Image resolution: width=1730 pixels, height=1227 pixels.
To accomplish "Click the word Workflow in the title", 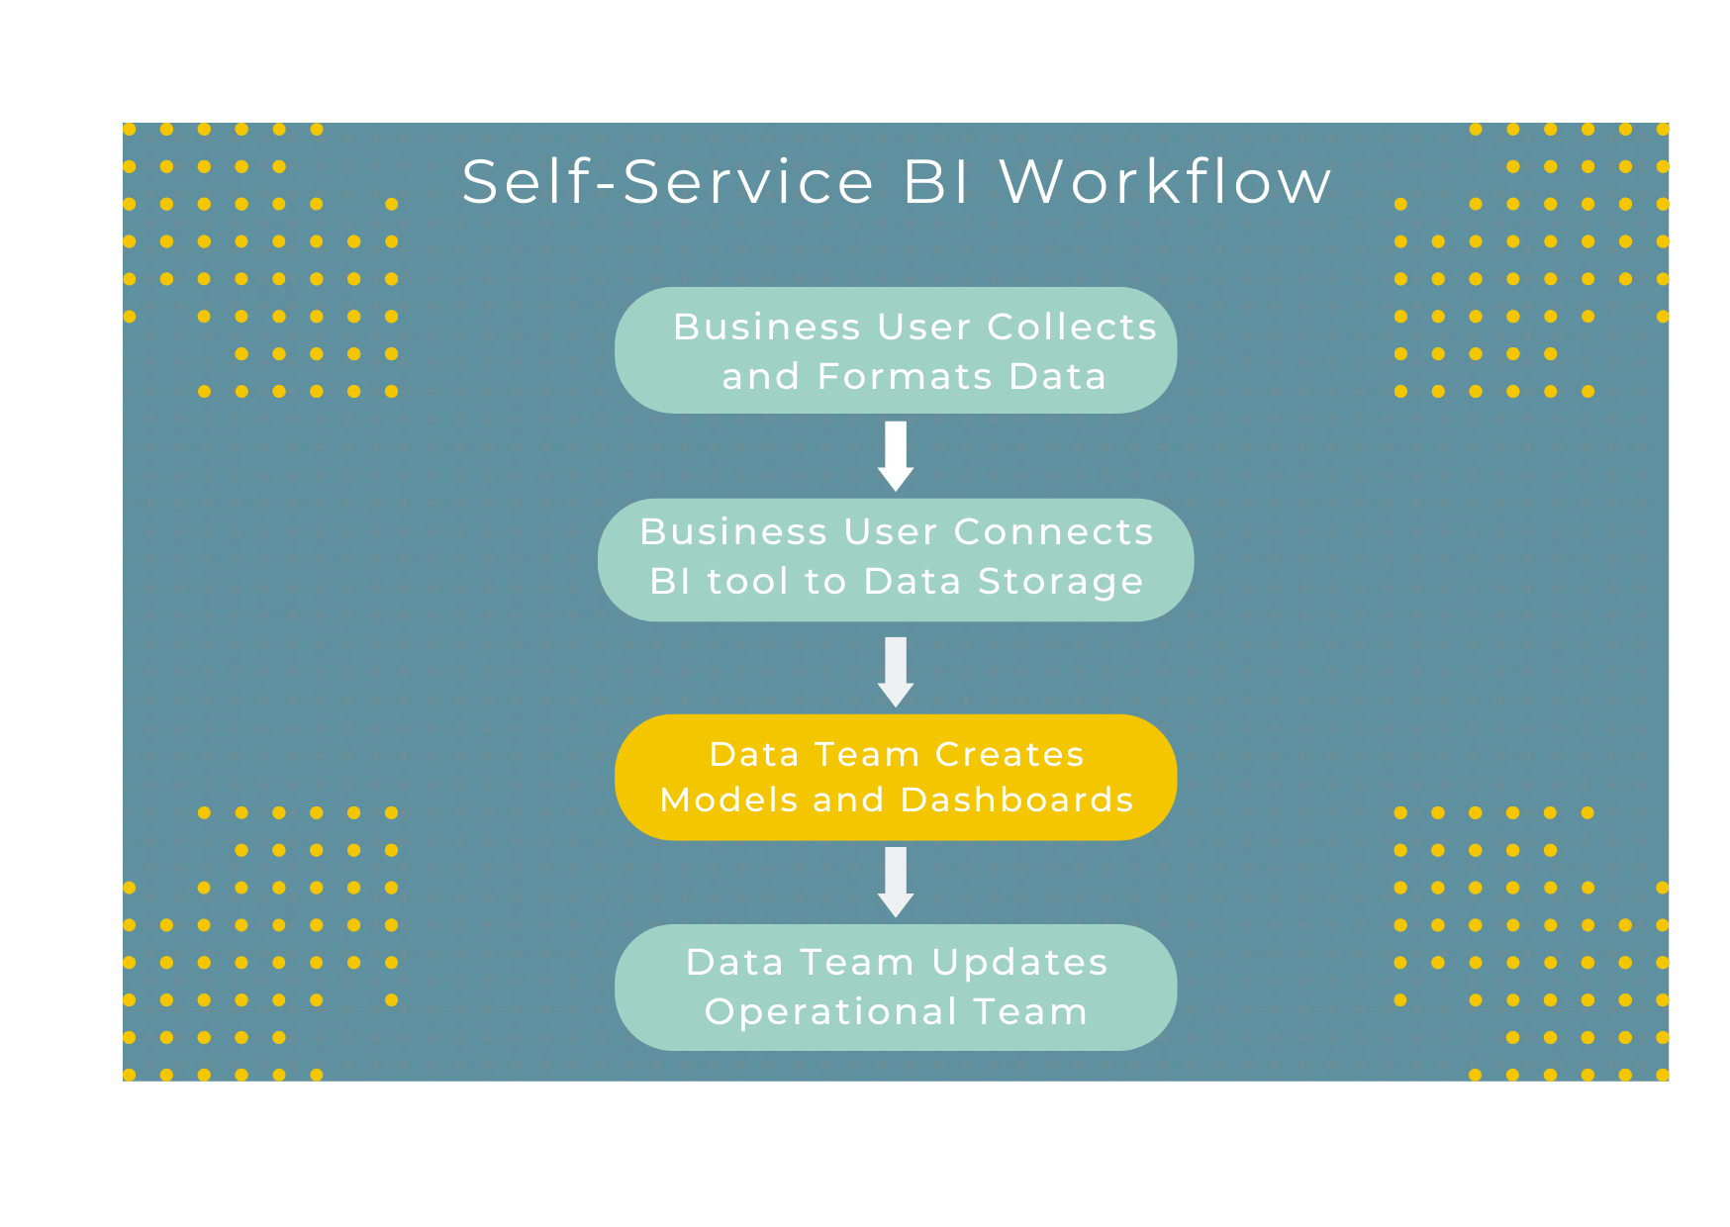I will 1165,182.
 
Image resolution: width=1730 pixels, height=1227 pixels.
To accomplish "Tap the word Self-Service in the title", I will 668,182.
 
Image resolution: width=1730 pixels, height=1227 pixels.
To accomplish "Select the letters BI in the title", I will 936,182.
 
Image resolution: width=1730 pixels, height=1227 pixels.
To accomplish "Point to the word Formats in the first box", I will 906,377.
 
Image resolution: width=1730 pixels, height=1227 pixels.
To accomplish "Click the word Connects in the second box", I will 1053,532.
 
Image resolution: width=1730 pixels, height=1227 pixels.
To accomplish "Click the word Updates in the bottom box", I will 1019,963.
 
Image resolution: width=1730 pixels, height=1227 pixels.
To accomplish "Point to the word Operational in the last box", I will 831,1012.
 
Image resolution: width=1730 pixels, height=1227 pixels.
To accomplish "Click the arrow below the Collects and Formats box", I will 896,455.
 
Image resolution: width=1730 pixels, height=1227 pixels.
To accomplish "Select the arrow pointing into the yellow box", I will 896,671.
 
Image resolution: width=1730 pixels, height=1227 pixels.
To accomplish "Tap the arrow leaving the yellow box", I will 896,882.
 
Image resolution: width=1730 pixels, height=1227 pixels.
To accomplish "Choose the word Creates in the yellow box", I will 1009,755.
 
